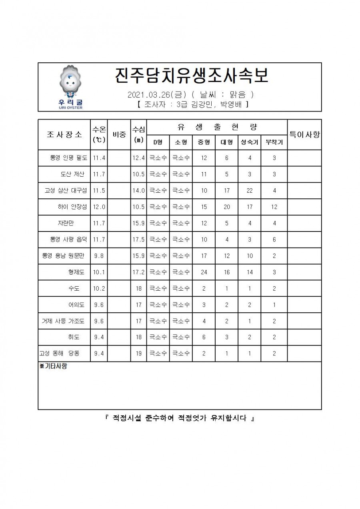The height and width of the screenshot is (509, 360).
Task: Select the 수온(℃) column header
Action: pos(99,134)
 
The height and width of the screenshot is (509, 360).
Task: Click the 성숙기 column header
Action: pos(250,142)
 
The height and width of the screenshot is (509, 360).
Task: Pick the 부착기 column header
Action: pos(274,142)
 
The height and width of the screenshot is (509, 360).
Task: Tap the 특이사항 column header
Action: pos(304,134)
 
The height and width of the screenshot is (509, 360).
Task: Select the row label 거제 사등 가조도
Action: pos(63,321)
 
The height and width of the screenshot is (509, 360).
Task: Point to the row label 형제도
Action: pos(76,272)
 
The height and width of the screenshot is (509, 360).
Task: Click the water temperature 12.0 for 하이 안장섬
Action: pos(99,207)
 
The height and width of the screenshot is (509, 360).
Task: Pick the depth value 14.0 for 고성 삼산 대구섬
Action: pos(138,191)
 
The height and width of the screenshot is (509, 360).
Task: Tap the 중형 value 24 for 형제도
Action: pos(204,272)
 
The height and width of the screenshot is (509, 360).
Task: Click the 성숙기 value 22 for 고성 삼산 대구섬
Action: pos(250,191)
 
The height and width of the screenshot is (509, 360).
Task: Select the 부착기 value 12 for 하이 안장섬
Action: pos(274,207)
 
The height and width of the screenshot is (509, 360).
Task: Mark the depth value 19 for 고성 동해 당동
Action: pos(139,353)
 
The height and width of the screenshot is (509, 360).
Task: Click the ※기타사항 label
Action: pos(53,366)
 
